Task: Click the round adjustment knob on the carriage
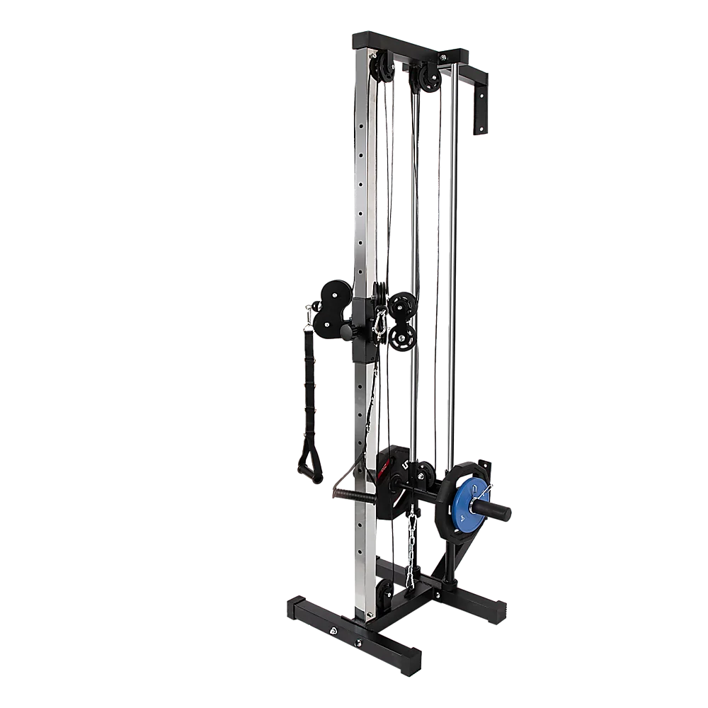pos(345,331)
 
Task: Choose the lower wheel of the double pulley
pos(402,338)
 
